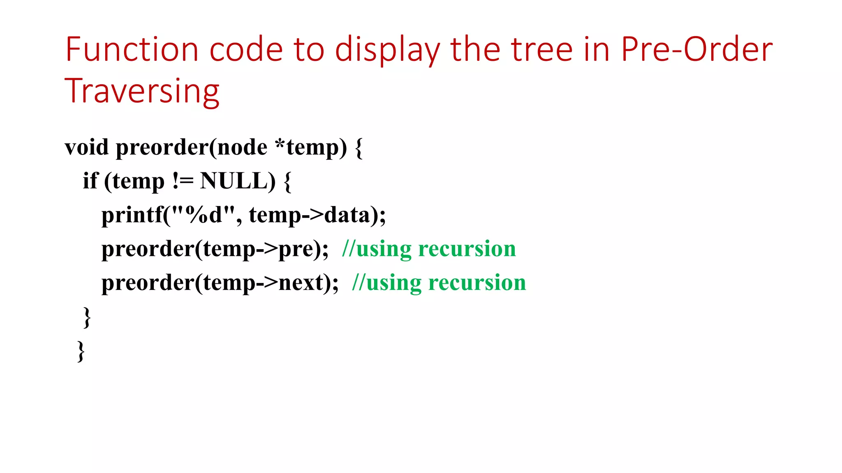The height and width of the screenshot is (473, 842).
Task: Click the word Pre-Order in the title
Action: click(696, 49)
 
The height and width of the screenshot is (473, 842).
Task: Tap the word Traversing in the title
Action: click(142, 91)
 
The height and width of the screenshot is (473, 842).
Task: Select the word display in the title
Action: click(387, 50)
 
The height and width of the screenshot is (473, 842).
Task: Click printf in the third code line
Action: click(132, 215)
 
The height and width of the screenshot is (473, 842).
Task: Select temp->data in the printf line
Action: click(310, 215)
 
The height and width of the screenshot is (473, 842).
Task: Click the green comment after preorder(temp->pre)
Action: click(429, 249)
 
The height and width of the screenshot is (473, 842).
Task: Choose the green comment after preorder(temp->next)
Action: click(439, 283)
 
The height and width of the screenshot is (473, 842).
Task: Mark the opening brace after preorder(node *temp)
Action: click(359, 148)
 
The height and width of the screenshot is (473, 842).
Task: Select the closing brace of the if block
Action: click(87, 317)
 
